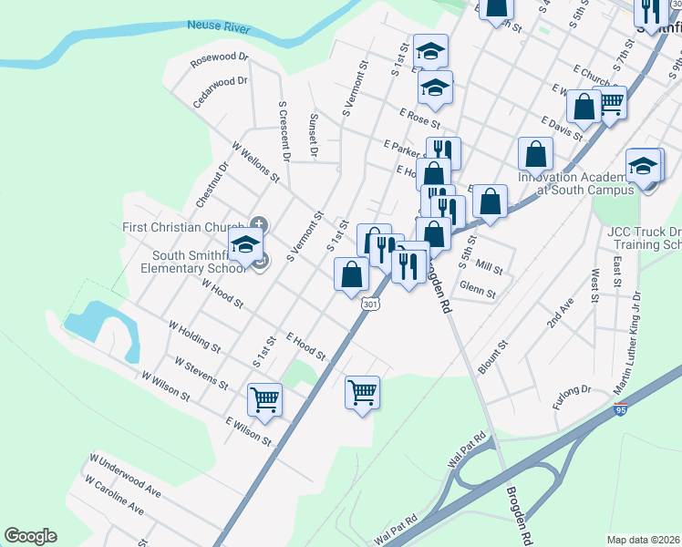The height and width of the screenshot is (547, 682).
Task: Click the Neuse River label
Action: [x=218, y=27]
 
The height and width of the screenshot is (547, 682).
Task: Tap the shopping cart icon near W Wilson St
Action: [x=264, y=398]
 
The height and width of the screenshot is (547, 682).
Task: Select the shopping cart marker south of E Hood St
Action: [x=362, y=392]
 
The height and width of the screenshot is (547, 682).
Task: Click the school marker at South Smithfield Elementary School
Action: [x=245, y=243]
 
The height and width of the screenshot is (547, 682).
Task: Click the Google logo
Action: [x=30, y=536]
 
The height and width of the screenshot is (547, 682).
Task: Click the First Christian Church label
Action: [x=182, y=226]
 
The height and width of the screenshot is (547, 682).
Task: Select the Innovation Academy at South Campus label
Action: [x=574, y=183]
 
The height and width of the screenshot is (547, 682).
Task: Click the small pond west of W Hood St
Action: [x=87, y=321]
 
